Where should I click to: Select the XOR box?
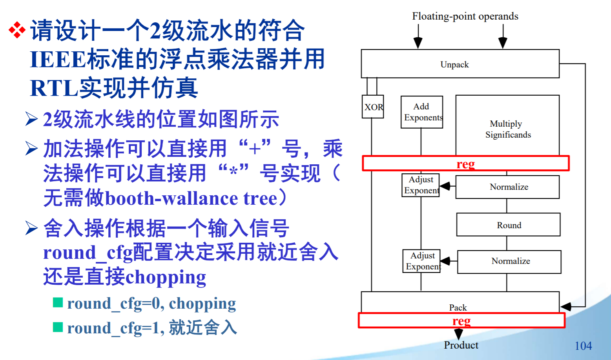click(373, 107)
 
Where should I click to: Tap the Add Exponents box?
click(422, 112)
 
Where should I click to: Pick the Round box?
click(509, 225)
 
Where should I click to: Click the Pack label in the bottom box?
click(458, 307)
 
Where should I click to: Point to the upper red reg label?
click(465, 164)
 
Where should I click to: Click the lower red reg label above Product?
click(461, 321)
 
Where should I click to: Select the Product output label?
click(461, 345)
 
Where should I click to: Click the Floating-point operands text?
click(465, 16)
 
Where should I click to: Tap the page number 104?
click(583, 345)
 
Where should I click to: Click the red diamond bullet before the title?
click(17, 30)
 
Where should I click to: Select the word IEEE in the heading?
click(58, 60)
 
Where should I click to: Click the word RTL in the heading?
click(54, 88)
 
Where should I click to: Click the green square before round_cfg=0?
click(58, 302)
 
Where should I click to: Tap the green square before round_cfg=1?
click(58, 327)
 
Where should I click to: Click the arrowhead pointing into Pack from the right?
click(566, 306)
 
